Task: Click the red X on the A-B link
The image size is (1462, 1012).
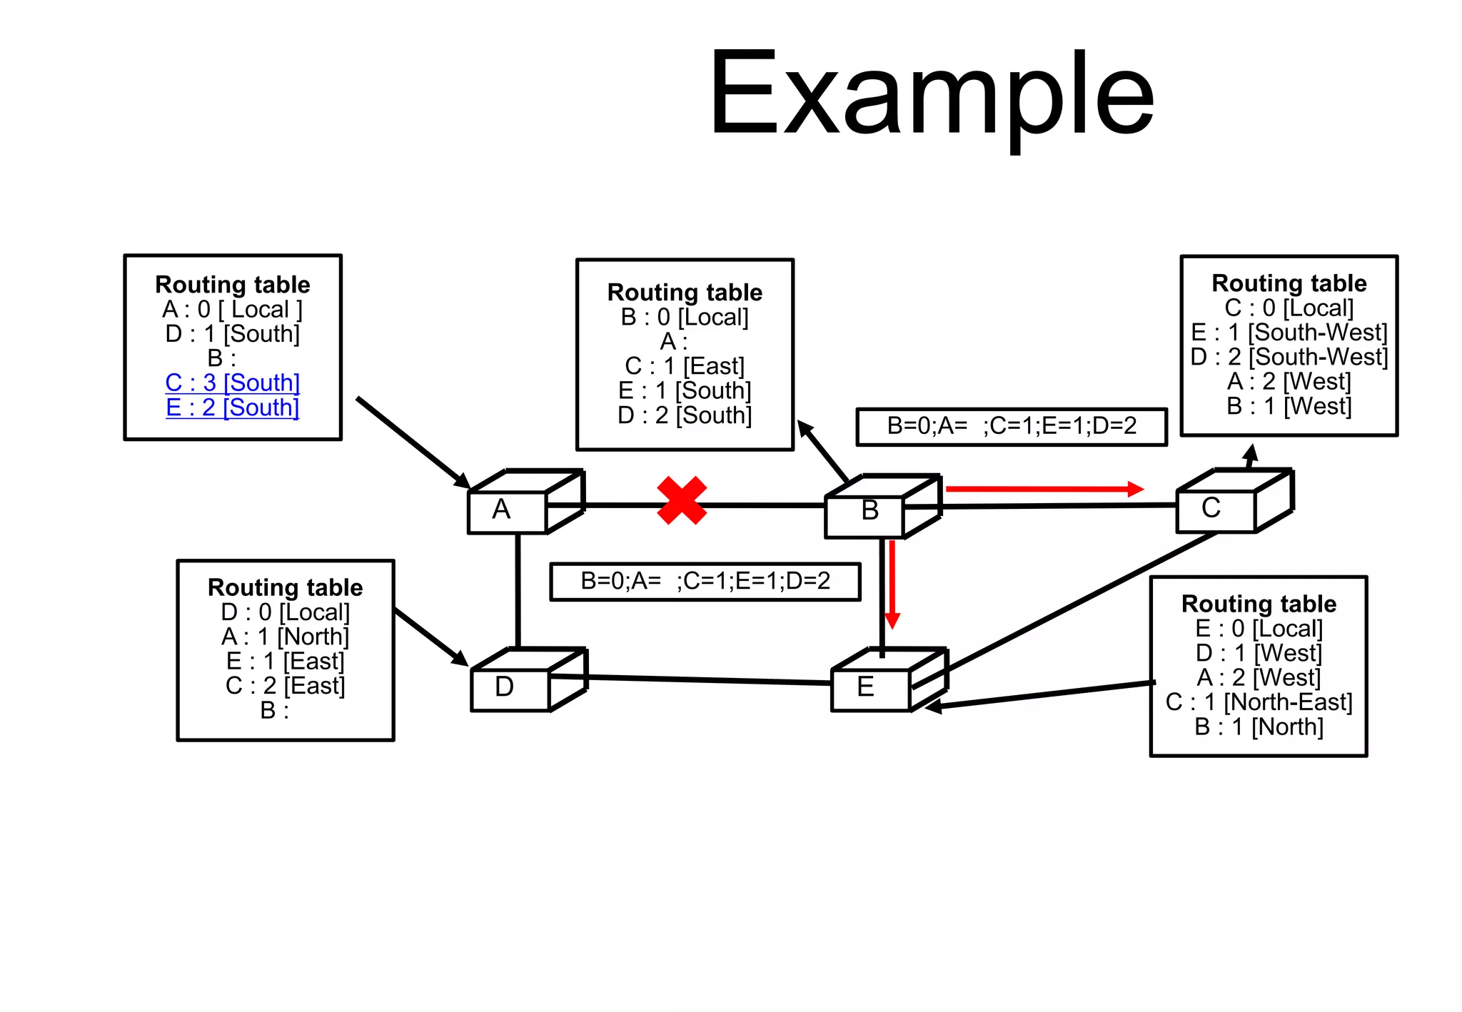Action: click(682, 501)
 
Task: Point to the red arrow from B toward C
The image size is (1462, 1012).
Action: click(1042, 489)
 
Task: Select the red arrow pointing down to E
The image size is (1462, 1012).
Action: click(892, 585)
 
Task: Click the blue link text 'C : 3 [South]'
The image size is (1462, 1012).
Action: click(233, 383)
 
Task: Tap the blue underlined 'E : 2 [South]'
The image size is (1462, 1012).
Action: click(233, 408)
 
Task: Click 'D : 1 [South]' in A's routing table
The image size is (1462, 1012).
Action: click(233, 334)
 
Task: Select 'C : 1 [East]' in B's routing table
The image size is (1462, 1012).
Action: click(685, 366)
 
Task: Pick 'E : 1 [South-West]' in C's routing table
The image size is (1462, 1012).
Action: click(1289, 333)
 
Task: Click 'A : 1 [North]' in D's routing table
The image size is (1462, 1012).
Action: click(285, 637)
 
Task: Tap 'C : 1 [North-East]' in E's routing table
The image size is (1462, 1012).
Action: click(1259, 702)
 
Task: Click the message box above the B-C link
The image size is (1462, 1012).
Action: click(1012, 427)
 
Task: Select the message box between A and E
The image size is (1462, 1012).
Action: click(705, 582)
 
